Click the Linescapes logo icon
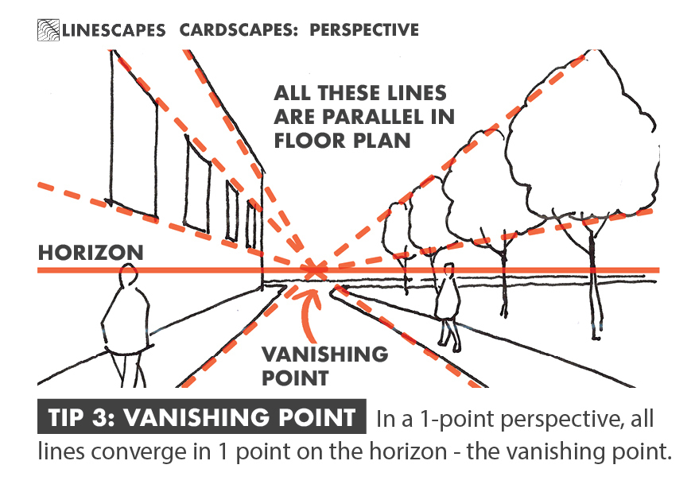coord(48,30)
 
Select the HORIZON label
coord(91,253)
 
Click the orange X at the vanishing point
coord(315,270)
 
